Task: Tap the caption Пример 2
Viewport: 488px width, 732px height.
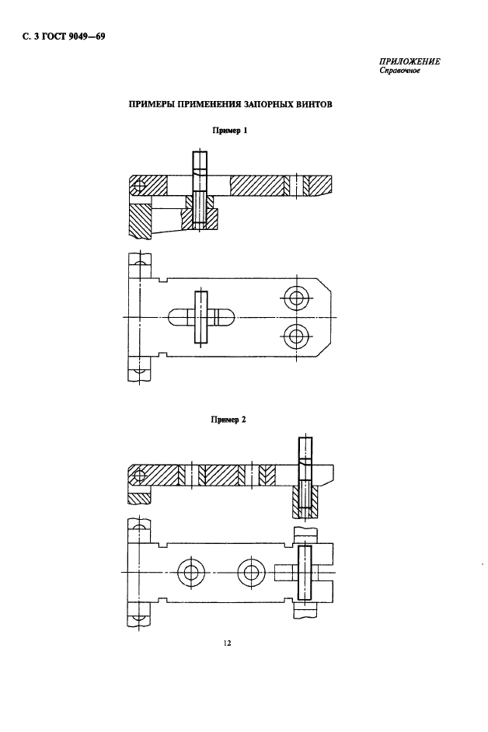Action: (x=228, y=419)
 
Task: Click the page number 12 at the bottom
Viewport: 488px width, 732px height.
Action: (x=227, y=643)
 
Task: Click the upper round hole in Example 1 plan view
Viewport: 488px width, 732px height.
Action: (x=295, y=297)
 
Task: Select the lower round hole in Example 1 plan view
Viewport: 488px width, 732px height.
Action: (x=295, y=336)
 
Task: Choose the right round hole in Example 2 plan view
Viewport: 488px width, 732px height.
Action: (x=249, y=573)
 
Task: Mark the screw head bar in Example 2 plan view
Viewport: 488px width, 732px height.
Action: (x=305, y=573)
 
